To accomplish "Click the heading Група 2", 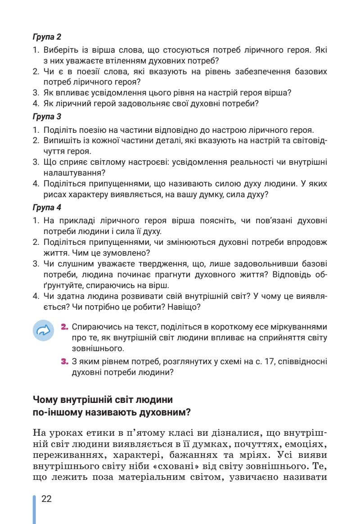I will click(47, 36).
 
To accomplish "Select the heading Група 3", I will click(47, 116).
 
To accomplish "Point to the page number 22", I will click(46, 498).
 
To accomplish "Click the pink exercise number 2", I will click(64, 325).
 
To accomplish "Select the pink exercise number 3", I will click(64, 361).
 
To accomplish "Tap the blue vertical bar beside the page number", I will click(34, 509).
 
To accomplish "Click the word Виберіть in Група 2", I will click(59, 50).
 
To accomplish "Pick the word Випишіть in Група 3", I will click(60, 141).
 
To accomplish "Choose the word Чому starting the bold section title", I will click(45, 399).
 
